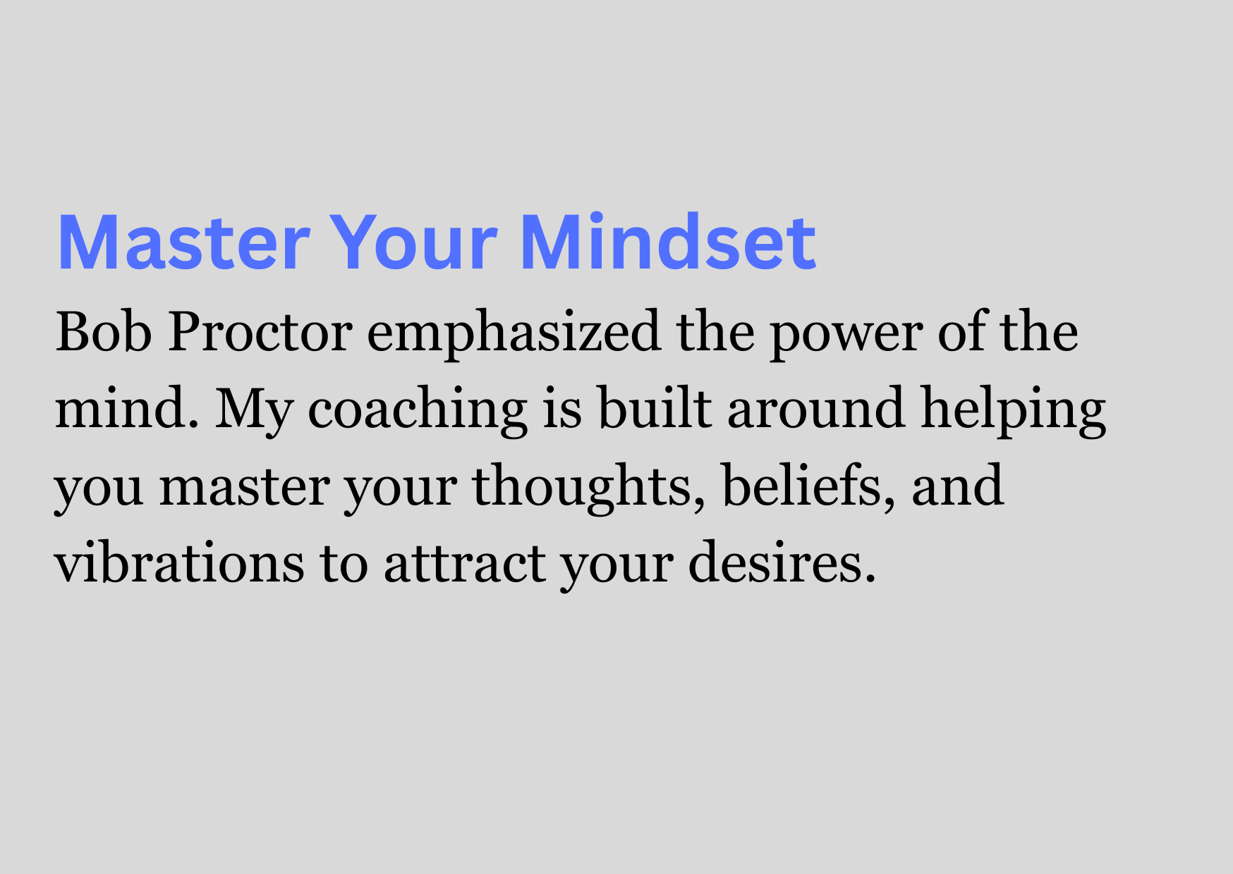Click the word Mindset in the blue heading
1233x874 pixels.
[668, 242]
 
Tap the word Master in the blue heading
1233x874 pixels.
[183, 242]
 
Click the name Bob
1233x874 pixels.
[104, 331]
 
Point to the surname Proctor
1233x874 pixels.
[260, 331]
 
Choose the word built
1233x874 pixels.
[655, 407]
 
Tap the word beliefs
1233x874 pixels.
[803, 485]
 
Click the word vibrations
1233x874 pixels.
[180, 562]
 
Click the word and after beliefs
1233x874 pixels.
[958, 485]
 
